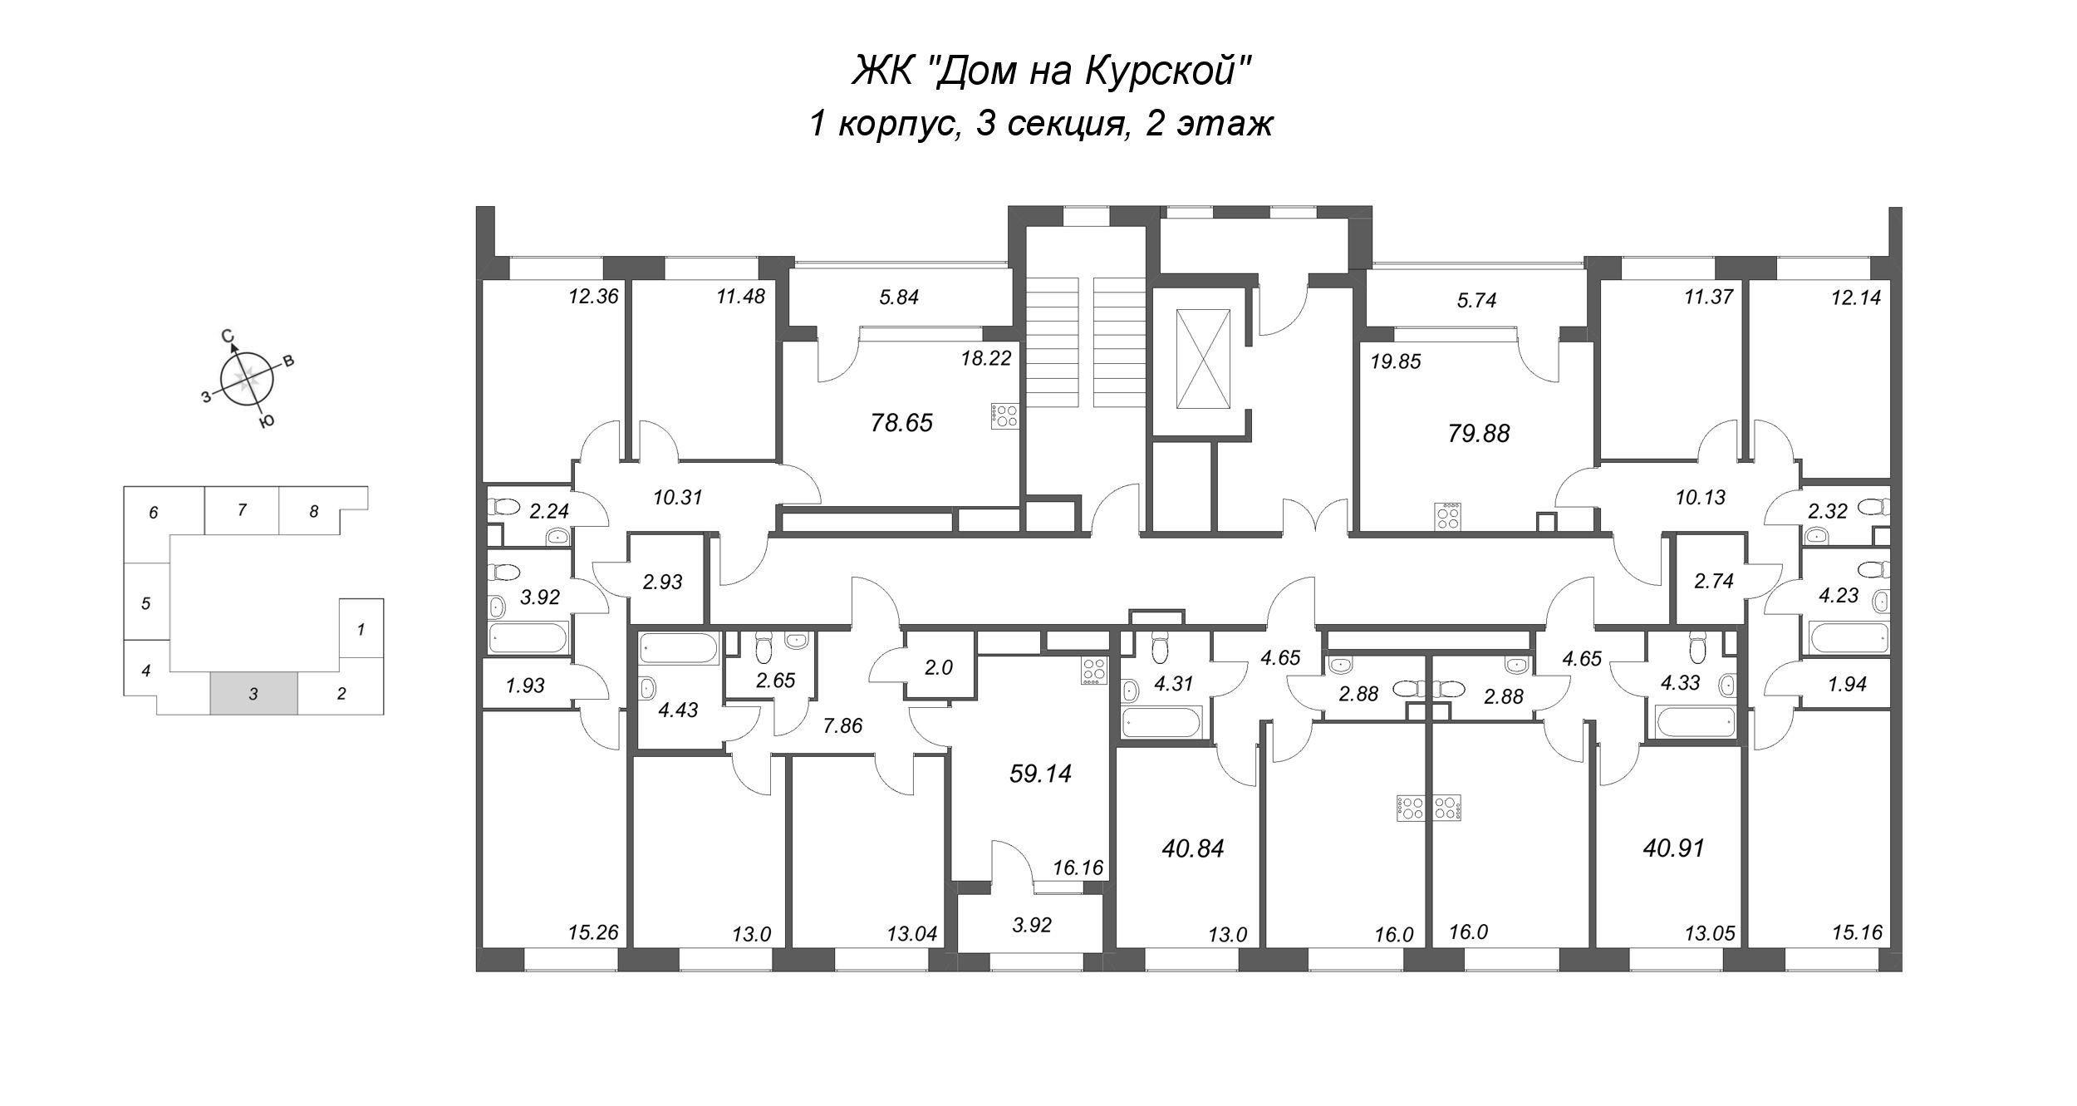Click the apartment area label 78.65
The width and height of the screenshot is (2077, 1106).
click(x=901, y=423)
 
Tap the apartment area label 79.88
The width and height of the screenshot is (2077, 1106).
click(x=1478, y=433)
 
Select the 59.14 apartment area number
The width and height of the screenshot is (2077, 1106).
click(x=1040, y=774)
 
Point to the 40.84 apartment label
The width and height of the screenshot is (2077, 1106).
click(x=1194, y=848)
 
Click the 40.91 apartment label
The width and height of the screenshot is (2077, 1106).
click(x=1673, y=848)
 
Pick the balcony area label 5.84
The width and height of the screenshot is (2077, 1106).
click(x=899, y=297)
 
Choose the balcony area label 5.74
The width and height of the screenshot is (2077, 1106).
click(x=1476, y=301)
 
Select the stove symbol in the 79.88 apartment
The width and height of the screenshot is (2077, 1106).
click(x=1449, y=516)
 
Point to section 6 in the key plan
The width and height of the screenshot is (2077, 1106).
click(x=154, y=513)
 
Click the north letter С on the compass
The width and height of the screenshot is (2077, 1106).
click(x=227, y=336)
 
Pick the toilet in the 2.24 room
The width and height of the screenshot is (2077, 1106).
click(x=504, y=505)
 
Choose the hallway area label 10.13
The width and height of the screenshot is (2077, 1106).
click(x=1700, y=498)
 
